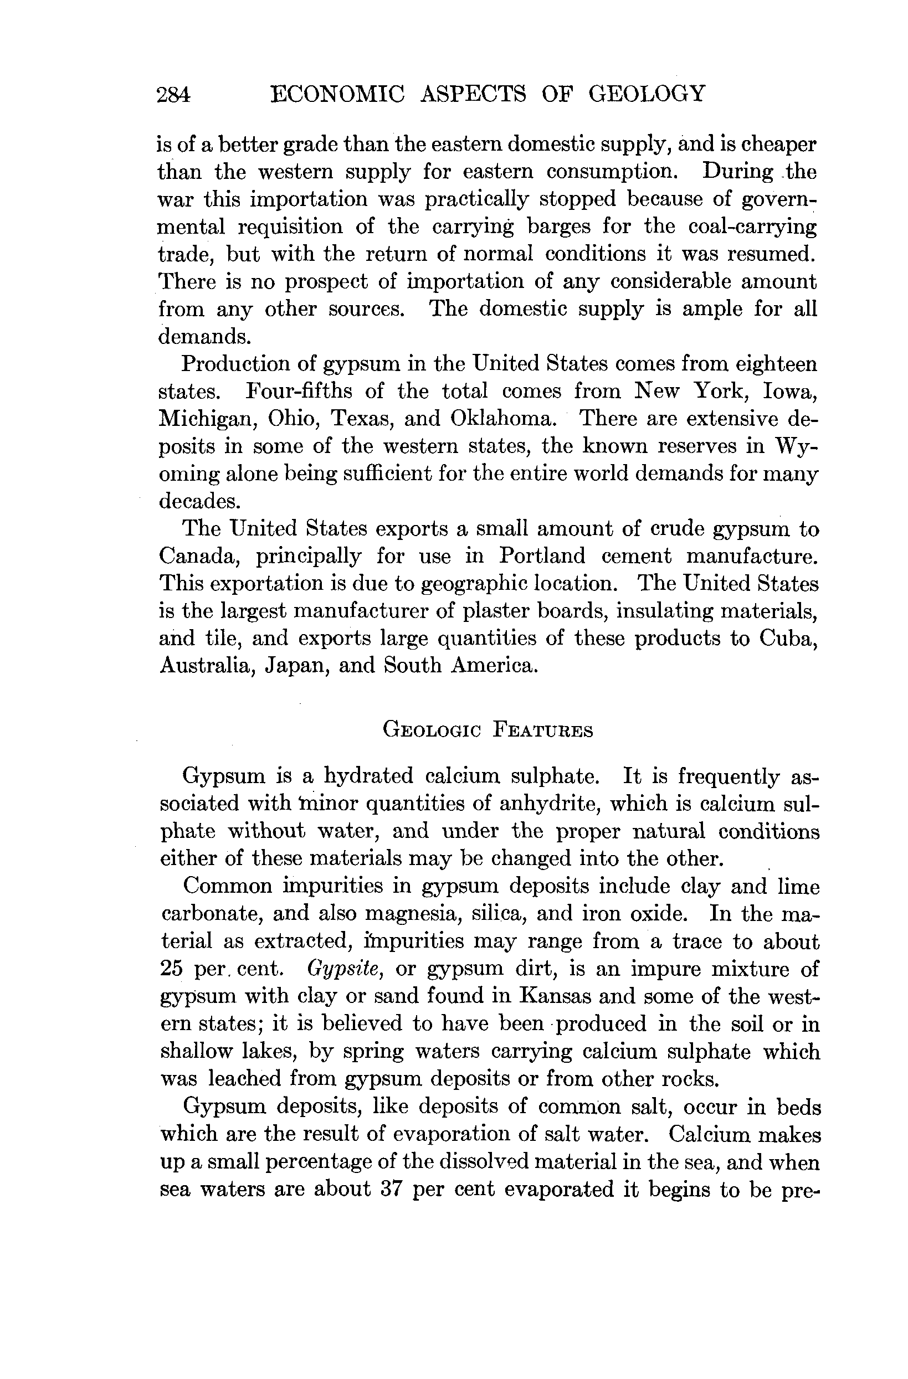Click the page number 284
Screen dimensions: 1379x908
tap(173, 94)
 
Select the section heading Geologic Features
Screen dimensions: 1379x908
tap(488, 730)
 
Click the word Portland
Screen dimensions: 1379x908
tap(542, 555)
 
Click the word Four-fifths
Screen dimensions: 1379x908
tap(299, 391)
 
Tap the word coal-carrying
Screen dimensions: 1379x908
tap(752, 227)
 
